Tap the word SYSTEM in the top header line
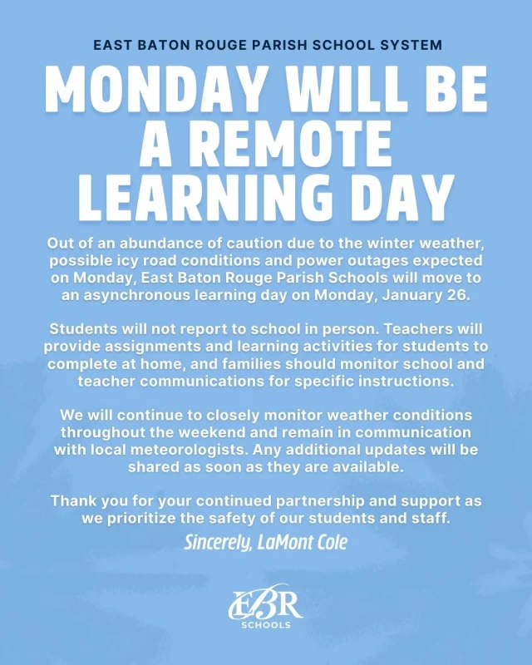click(411, 44)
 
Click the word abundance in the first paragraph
click(155, 243)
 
